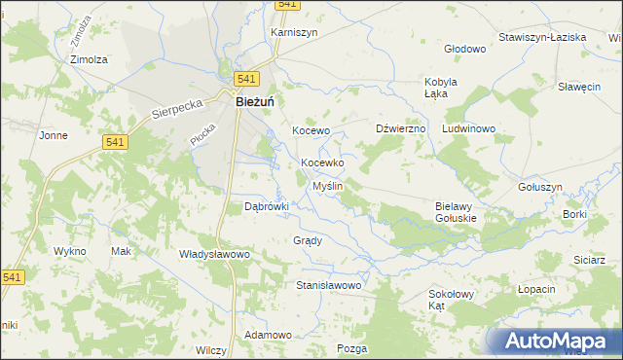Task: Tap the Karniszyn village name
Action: click(294, 31)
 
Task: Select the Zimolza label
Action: click(89, 58)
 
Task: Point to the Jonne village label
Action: click(53, 135)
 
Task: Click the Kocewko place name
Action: click(322, 163)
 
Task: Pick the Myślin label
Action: click(326, 185)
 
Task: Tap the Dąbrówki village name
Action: click(267, 206)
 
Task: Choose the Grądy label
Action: click(307, 239)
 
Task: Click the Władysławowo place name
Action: click(215, 254)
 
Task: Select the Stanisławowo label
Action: click(329, 285)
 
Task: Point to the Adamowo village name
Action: click(269, 335)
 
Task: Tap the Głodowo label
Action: click(464, 49)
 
